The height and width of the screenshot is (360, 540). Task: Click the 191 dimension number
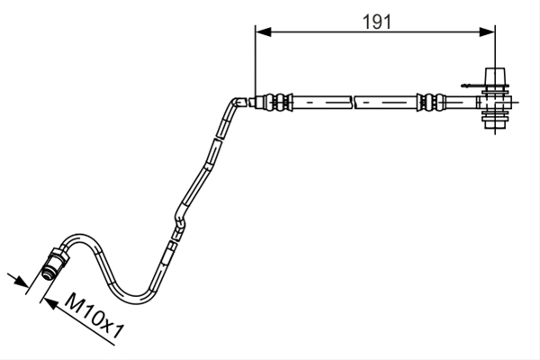coord(377,22)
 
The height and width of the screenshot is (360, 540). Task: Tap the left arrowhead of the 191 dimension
coord(264,32)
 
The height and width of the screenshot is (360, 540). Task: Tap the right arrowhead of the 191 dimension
coord(487,32)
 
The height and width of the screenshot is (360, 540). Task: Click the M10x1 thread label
coord(94,317)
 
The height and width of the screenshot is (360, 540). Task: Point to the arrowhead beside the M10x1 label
coord(50,303)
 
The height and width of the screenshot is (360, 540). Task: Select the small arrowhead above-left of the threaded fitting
coord(21,282)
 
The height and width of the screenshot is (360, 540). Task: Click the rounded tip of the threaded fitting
coord(46,274)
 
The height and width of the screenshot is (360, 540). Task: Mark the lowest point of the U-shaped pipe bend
coord(136,301)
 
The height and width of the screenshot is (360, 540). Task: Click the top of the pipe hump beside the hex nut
coord(80,238)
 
